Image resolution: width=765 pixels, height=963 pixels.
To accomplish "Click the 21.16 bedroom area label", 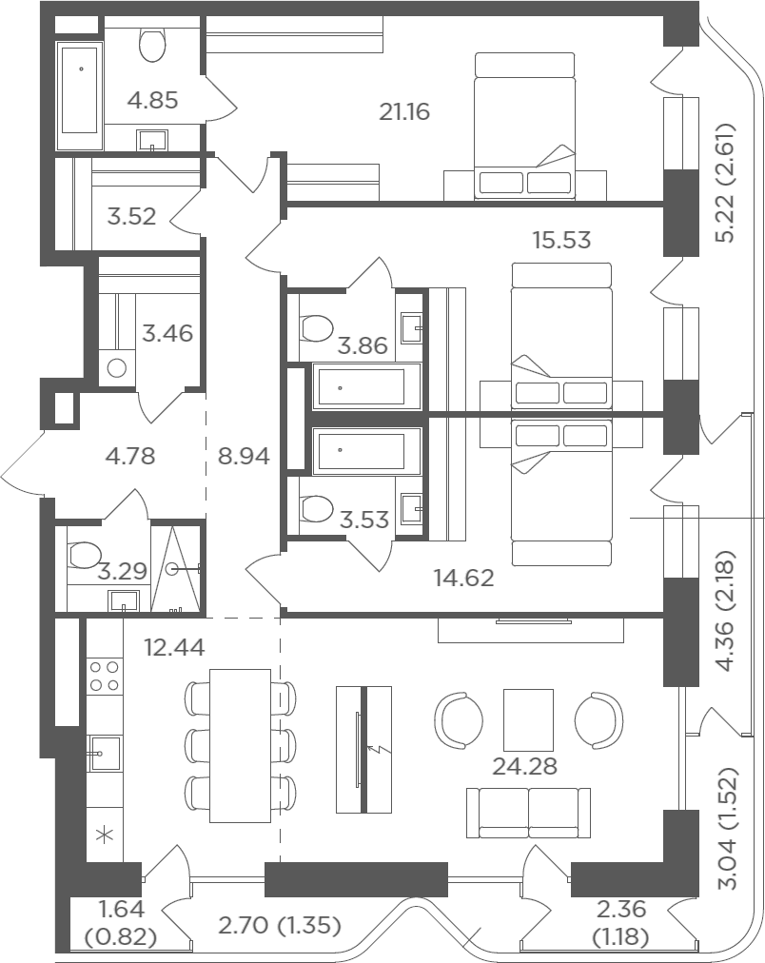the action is (404, 111).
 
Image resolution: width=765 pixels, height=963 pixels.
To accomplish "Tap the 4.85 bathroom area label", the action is (153, 100).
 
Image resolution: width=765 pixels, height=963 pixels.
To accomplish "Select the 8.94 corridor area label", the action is (244, 457).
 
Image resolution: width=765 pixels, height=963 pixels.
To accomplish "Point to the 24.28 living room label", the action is (525, 766).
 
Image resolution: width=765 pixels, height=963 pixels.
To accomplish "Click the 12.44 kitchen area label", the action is (175, 647).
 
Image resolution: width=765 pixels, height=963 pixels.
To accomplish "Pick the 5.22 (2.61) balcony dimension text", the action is (725, 183).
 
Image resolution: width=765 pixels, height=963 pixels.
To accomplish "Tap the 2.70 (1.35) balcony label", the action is (280, 924).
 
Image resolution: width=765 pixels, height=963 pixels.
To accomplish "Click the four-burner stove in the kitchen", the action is (105, 676).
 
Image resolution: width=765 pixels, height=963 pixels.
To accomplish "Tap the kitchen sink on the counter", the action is (105, 754).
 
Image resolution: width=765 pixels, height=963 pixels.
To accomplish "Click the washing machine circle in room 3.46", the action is (117, 368).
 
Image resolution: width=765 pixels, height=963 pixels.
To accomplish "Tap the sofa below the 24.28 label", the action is (528, 814).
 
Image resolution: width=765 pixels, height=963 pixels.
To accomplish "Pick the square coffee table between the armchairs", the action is (528, 719).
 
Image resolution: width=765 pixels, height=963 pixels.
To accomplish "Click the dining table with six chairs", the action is (240, 746).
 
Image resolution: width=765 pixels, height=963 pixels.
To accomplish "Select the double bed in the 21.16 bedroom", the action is (525, 126).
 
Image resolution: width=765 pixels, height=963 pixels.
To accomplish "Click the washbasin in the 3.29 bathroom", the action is (124, 600).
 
